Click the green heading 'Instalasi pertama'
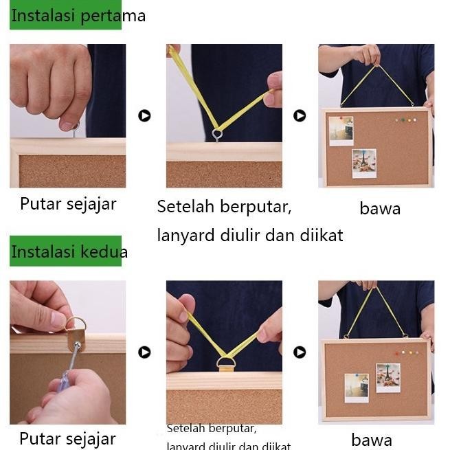click(x=77, y=16)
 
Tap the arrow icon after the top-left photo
click(x=144, y=115)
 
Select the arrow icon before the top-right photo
click(x=300, y=115)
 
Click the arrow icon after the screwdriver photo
click(x=144, y=352)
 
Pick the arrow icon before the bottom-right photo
click(x=300, y=352)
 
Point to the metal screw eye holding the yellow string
click(x=217, y=133)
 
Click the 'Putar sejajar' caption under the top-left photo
click(x=68, y=203)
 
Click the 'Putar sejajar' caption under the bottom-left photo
click(x=67, y=438)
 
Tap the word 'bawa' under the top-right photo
click(x=380, y=208)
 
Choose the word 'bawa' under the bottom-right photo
click(x=372, y=440)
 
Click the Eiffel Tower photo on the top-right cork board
click(x=363, y=163)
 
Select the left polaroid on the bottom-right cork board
click(x=356, y=387)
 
